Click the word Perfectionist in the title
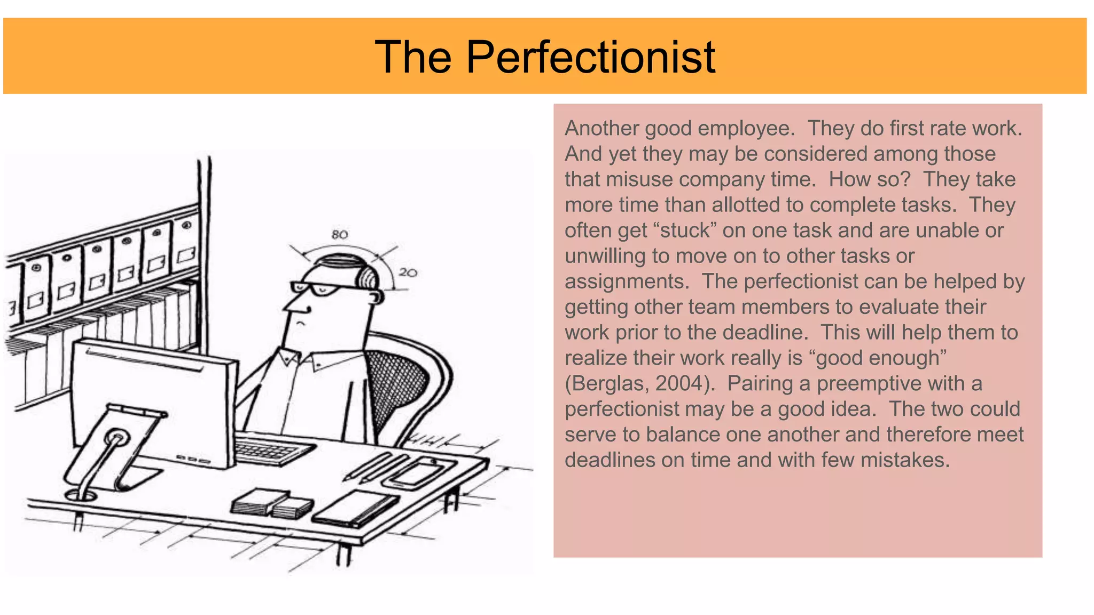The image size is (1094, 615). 590,58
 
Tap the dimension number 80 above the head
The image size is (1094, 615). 340,234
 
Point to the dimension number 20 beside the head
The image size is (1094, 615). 408,272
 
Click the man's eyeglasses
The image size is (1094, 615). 315,289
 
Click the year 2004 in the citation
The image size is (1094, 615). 679,383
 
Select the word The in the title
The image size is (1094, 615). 413,58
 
